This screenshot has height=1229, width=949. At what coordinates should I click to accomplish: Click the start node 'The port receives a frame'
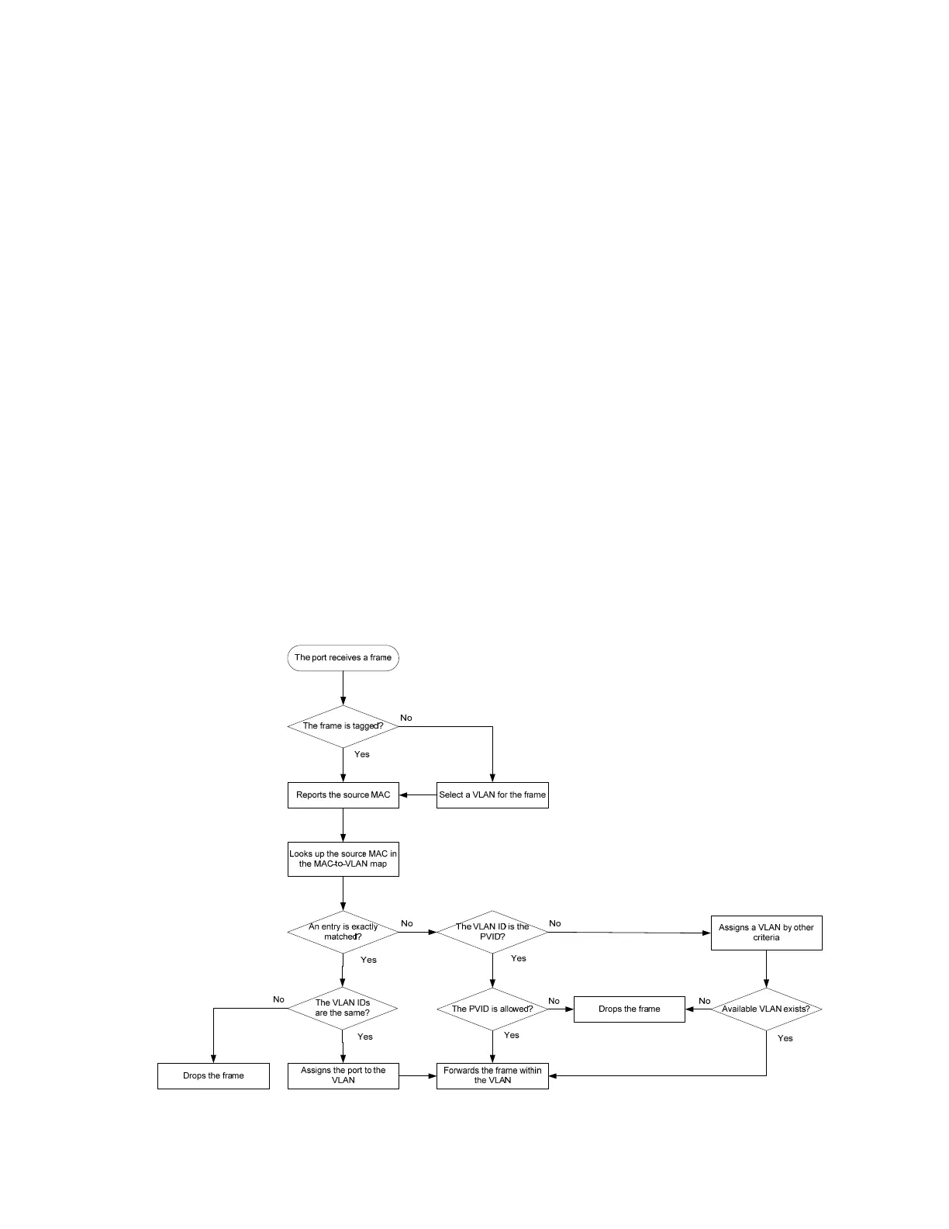(x=343, y=658)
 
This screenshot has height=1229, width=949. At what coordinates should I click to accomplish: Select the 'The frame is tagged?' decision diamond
(x=343, y=726)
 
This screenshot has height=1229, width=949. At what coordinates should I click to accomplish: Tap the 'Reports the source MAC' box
(x=343, y=795)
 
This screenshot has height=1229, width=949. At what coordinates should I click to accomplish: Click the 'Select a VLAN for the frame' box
(x=492, y=795)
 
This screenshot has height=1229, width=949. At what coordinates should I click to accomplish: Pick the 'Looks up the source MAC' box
(x=343, y=859)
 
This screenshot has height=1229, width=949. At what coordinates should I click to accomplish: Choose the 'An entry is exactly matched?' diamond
(x=343, y=932)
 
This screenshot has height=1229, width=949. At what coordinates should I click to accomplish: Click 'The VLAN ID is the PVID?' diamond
(x=492, y=932)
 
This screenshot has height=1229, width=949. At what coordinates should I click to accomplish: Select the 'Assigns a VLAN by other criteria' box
(x=766, y=933)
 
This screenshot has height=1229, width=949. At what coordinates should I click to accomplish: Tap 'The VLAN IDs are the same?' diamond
(x=343, y=1008)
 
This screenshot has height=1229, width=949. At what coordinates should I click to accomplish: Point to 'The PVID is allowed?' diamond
(x=492, y=1009)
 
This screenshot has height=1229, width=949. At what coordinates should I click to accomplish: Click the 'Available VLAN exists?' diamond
(x=766, y=1009)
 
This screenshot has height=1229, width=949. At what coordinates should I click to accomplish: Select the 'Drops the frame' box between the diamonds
(x=629, y=1009)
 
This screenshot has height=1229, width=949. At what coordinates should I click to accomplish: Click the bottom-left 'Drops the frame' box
(x=213, y=1076)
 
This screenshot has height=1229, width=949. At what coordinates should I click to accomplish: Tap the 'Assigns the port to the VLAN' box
(x=343, y=1075)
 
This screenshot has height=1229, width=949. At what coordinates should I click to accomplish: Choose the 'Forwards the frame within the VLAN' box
(x=492, y=1075)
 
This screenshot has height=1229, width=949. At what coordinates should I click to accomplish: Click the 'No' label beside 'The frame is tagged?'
(x=406, y=718)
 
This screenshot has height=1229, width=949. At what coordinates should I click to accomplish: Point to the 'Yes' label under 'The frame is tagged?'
(x=361, y=754)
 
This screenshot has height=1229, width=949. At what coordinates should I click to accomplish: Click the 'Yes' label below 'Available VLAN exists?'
(x=785, y=1038)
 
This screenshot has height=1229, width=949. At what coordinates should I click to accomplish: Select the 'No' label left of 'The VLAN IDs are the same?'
(x=278, y=999)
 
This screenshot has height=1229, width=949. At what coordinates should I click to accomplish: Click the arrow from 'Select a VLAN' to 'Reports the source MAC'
(x=418, y=795)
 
